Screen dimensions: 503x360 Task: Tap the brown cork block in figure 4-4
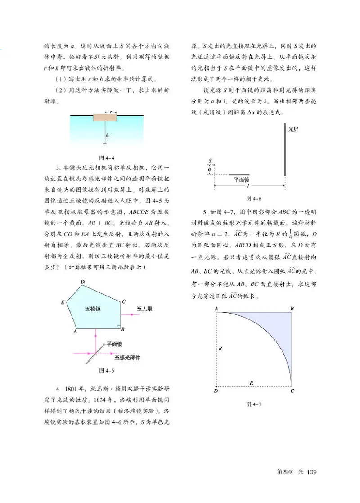105,117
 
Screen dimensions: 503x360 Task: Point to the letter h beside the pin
108,135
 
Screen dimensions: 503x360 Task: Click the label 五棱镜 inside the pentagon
92,309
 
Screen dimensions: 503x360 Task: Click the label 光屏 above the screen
293,129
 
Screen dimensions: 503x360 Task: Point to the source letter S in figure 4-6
210,160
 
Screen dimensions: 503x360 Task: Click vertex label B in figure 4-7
292,308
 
